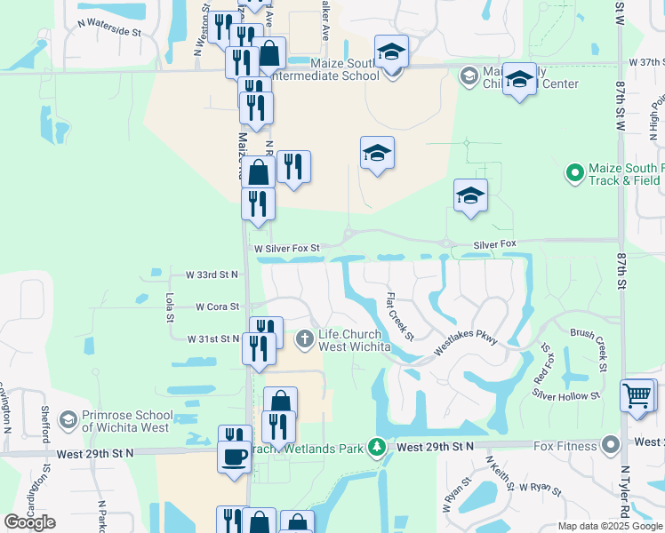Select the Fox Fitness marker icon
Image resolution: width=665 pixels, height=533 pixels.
point(610,443)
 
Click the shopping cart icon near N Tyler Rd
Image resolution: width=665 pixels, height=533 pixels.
point(637,396)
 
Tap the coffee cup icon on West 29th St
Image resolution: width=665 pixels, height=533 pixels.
point(236,457)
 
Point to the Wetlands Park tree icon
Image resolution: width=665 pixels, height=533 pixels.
point(377,446)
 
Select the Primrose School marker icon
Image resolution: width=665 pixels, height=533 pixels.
point(67,418)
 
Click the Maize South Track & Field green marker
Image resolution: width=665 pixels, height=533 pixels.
point(574,171)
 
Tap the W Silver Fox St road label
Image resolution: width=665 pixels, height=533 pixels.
point(284,249)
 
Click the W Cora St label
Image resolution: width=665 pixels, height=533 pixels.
point(218,306)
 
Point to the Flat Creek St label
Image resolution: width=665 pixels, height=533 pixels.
point(400,317)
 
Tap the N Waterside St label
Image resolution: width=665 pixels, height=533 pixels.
point(110,31)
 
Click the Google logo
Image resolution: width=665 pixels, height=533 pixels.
point(29,522)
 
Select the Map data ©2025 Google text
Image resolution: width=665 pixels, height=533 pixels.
point(610,526)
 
